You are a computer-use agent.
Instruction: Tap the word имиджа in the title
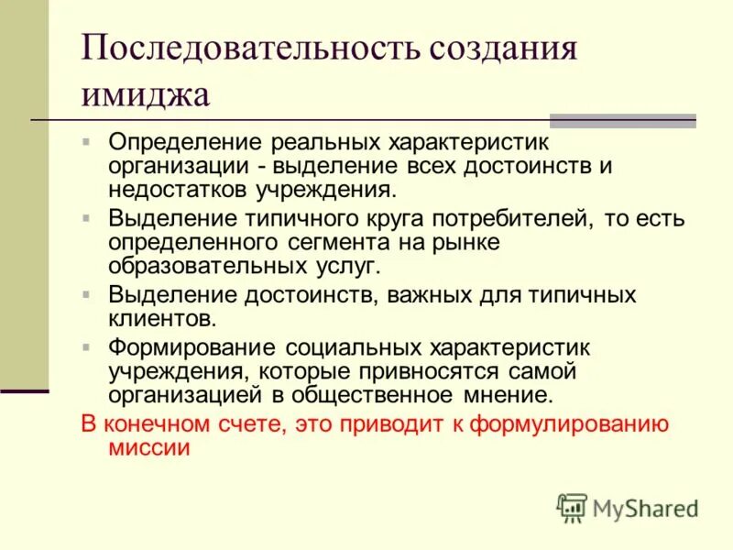pos(146,93)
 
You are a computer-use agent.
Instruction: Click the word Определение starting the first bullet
pos(184,144)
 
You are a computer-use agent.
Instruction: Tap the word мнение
pos(505,395)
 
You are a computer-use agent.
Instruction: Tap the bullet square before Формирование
pos(86,347)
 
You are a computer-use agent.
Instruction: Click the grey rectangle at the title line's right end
pos(622,120)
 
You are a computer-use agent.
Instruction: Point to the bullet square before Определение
pos(86,143)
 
